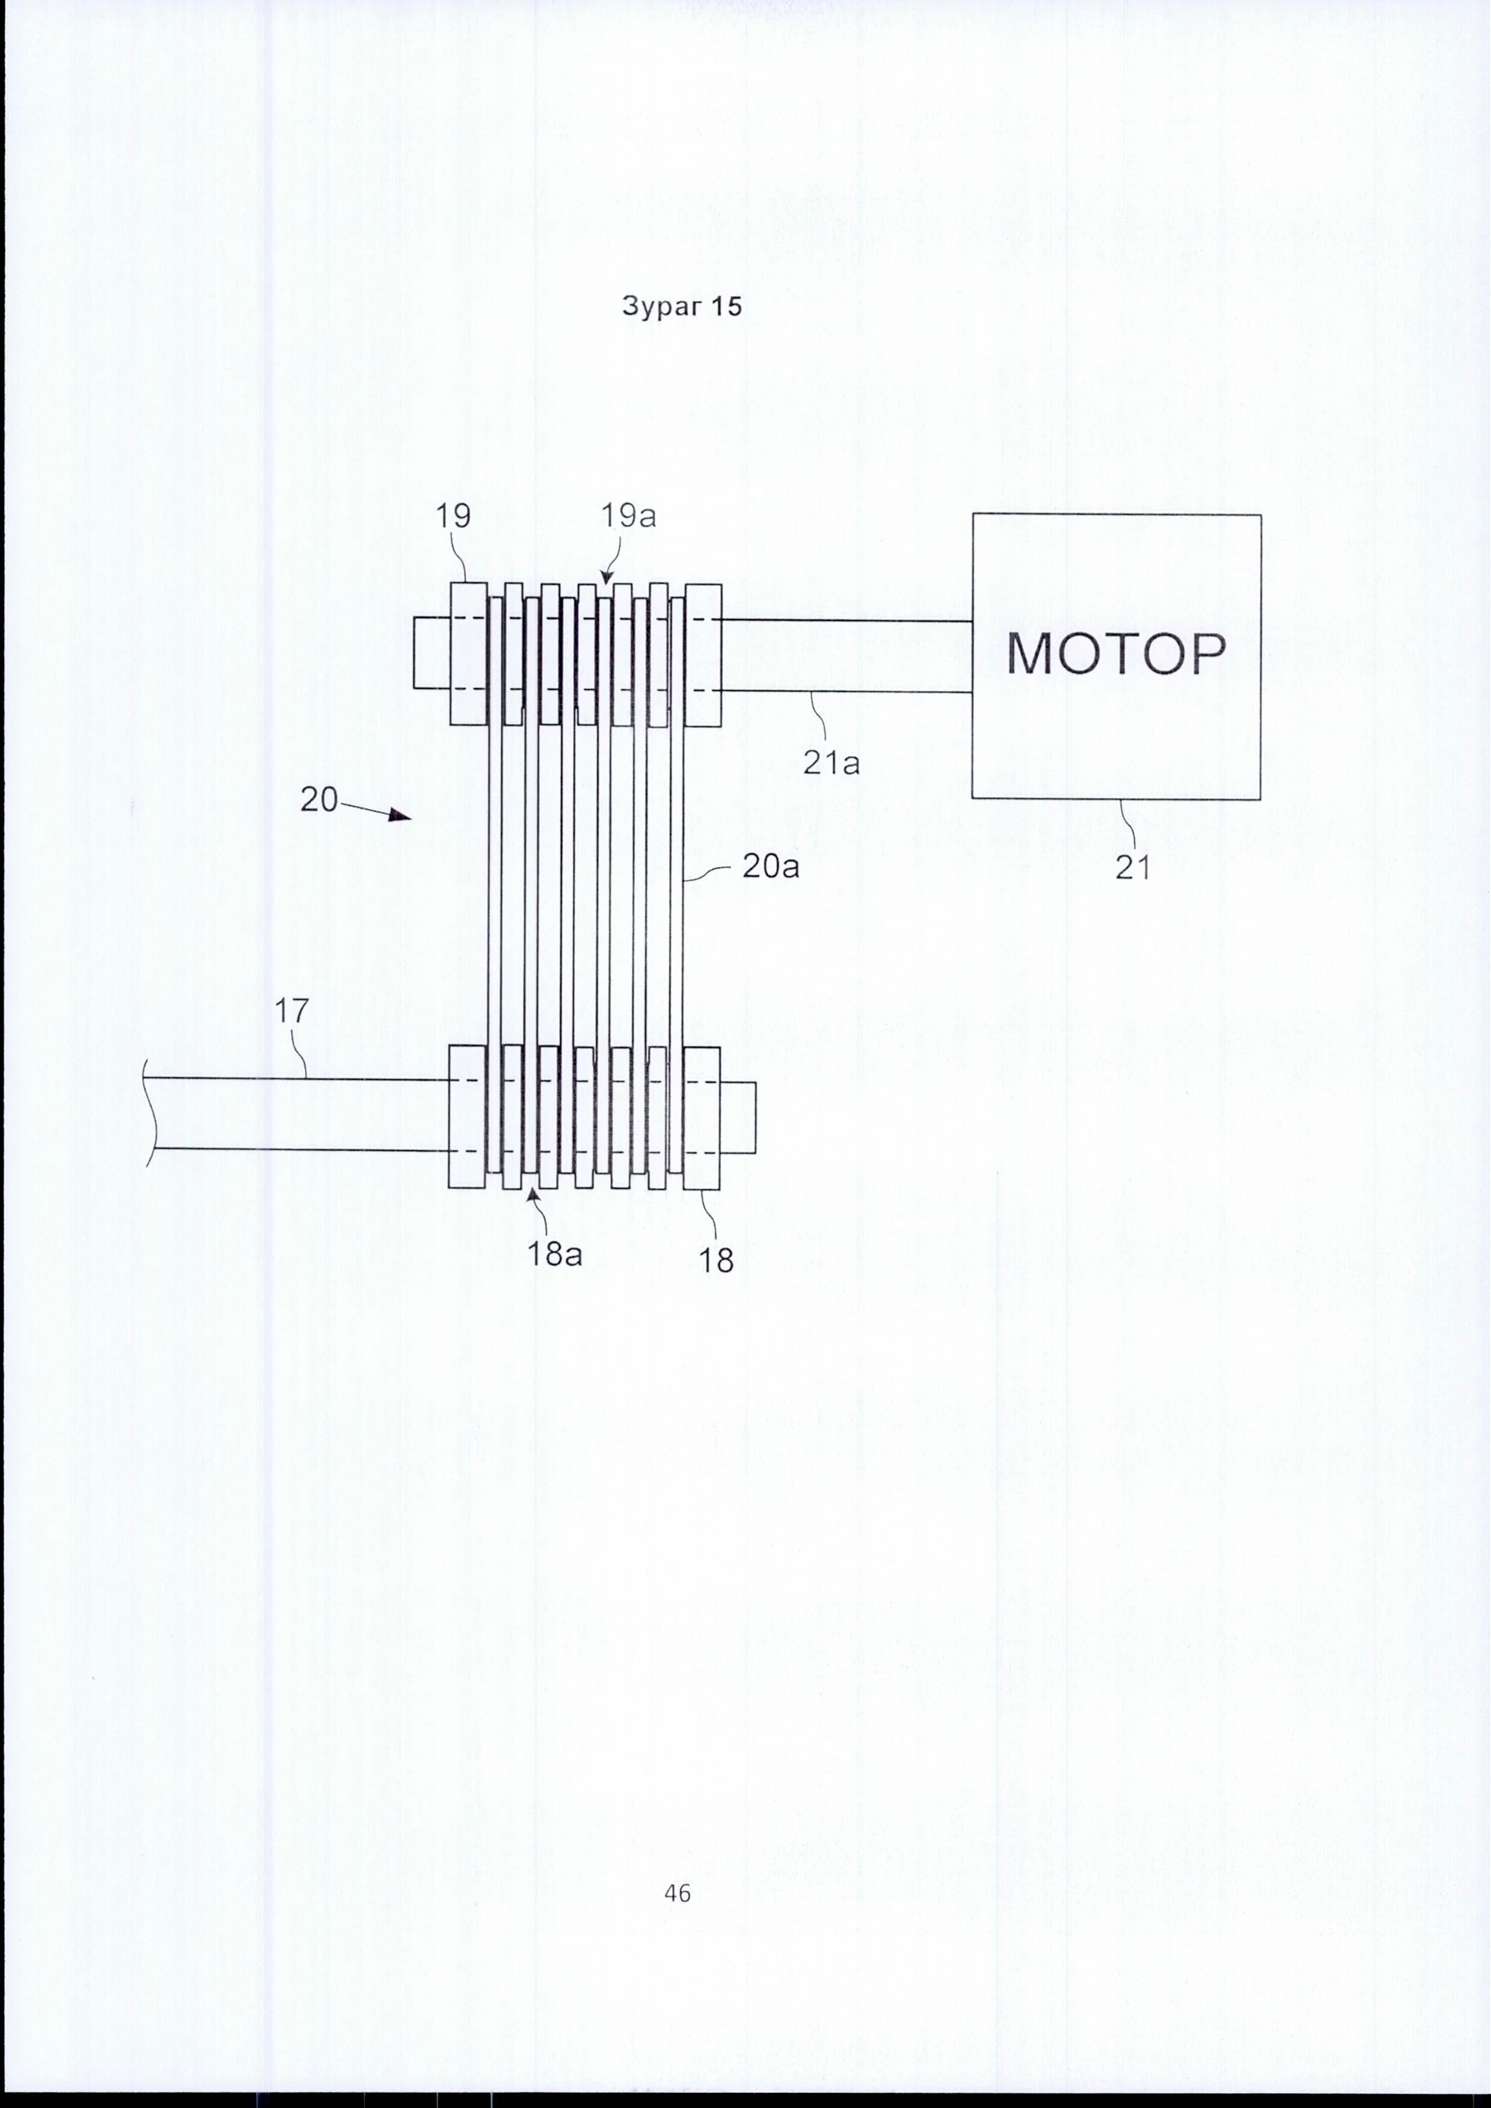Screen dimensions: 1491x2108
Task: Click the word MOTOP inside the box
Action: (x=1115, y=654)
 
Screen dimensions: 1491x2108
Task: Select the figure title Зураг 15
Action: (x=682, y=306)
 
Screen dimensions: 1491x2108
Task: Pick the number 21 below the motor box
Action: (x=1133, y=867)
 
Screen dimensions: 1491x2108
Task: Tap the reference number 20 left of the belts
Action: (x=319, y=799)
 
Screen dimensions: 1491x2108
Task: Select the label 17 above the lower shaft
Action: (x=292, y=1012)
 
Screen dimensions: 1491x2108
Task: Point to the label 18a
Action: (x=554, y=1254)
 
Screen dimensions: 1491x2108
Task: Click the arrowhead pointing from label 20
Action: (x=400, y=814)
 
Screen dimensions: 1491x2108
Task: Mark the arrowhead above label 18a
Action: (x=533, y=1196)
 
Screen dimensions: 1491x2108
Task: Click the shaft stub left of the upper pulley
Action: (x=432, y=654)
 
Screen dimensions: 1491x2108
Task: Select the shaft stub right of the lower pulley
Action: (x=738, y=1117)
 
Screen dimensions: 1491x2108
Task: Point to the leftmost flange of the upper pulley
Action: (x=468, y=654)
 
